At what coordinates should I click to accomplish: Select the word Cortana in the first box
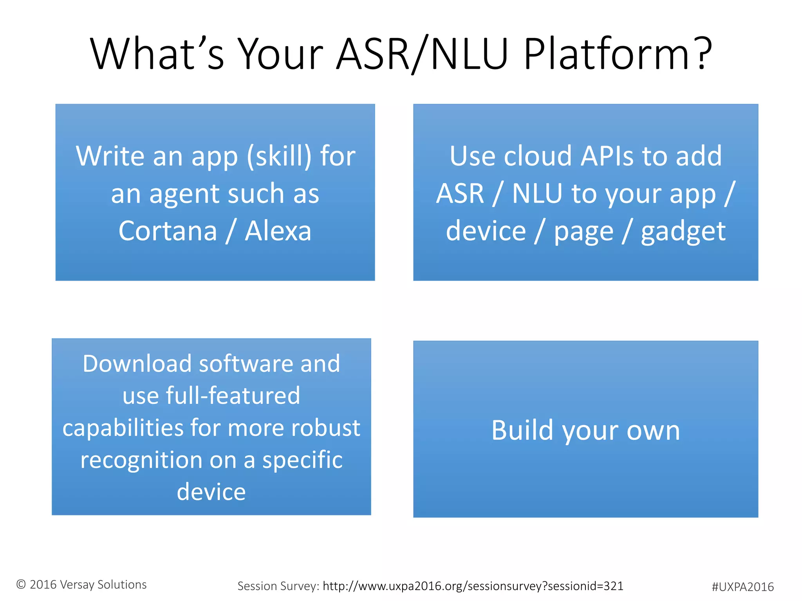[168, 231]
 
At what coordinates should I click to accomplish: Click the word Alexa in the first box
[278, 231]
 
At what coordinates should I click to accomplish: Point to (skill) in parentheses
[279, 156]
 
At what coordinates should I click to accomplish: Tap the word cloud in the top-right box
[538, 156]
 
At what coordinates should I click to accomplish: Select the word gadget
[683, 232]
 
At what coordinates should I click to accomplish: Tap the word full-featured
[233, 396]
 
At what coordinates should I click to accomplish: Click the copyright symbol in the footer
[21, 585]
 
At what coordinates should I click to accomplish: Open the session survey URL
[473, 586]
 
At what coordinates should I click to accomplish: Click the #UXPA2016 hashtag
[742, 587]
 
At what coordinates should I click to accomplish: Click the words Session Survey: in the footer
[278, 586]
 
